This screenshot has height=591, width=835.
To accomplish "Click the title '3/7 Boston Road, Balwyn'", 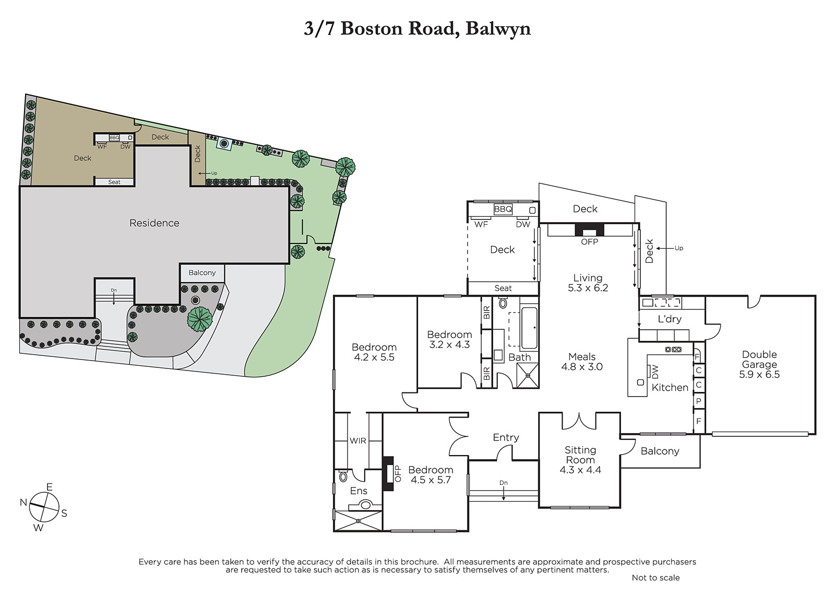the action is [x=417, y=29].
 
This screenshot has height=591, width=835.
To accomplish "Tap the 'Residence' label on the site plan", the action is [x=154, y=223].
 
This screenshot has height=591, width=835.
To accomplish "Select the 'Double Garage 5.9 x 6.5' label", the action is [x=759, y=364].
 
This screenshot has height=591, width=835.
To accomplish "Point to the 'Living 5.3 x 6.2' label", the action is [x=588, y=283].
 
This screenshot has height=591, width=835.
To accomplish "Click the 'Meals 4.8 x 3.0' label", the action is [x=582, y=362].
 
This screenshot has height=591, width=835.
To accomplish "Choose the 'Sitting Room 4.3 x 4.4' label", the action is [x=580, y=460].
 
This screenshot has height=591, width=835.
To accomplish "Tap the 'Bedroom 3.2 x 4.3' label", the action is [x=449, y=339].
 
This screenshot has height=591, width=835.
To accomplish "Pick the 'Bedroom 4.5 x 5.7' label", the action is [x=431, y=474].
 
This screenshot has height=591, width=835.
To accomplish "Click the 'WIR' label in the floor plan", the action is [x=358, y=441].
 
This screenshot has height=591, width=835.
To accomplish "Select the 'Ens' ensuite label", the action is [x=359, y=491].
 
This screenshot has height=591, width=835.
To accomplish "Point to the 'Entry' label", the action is [x=506, y=437].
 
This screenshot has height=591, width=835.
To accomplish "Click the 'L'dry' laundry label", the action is [x=670, y=319].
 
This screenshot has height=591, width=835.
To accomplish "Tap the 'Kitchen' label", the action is [x=670, y=388].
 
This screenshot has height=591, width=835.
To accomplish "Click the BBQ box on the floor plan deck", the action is [x=503, y=209].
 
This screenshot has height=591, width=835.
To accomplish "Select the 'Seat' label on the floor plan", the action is [x=503, y=288].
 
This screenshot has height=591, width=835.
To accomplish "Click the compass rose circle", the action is [x=44, y=507].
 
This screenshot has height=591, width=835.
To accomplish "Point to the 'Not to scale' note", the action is [x=655, y=577].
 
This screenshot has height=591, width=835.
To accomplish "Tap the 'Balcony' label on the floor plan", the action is [x=660, y=451].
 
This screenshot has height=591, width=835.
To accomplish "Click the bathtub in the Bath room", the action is [x=529, y=328].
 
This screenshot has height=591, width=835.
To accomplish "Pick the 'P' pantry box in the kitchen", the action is [x=699, y=401].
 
